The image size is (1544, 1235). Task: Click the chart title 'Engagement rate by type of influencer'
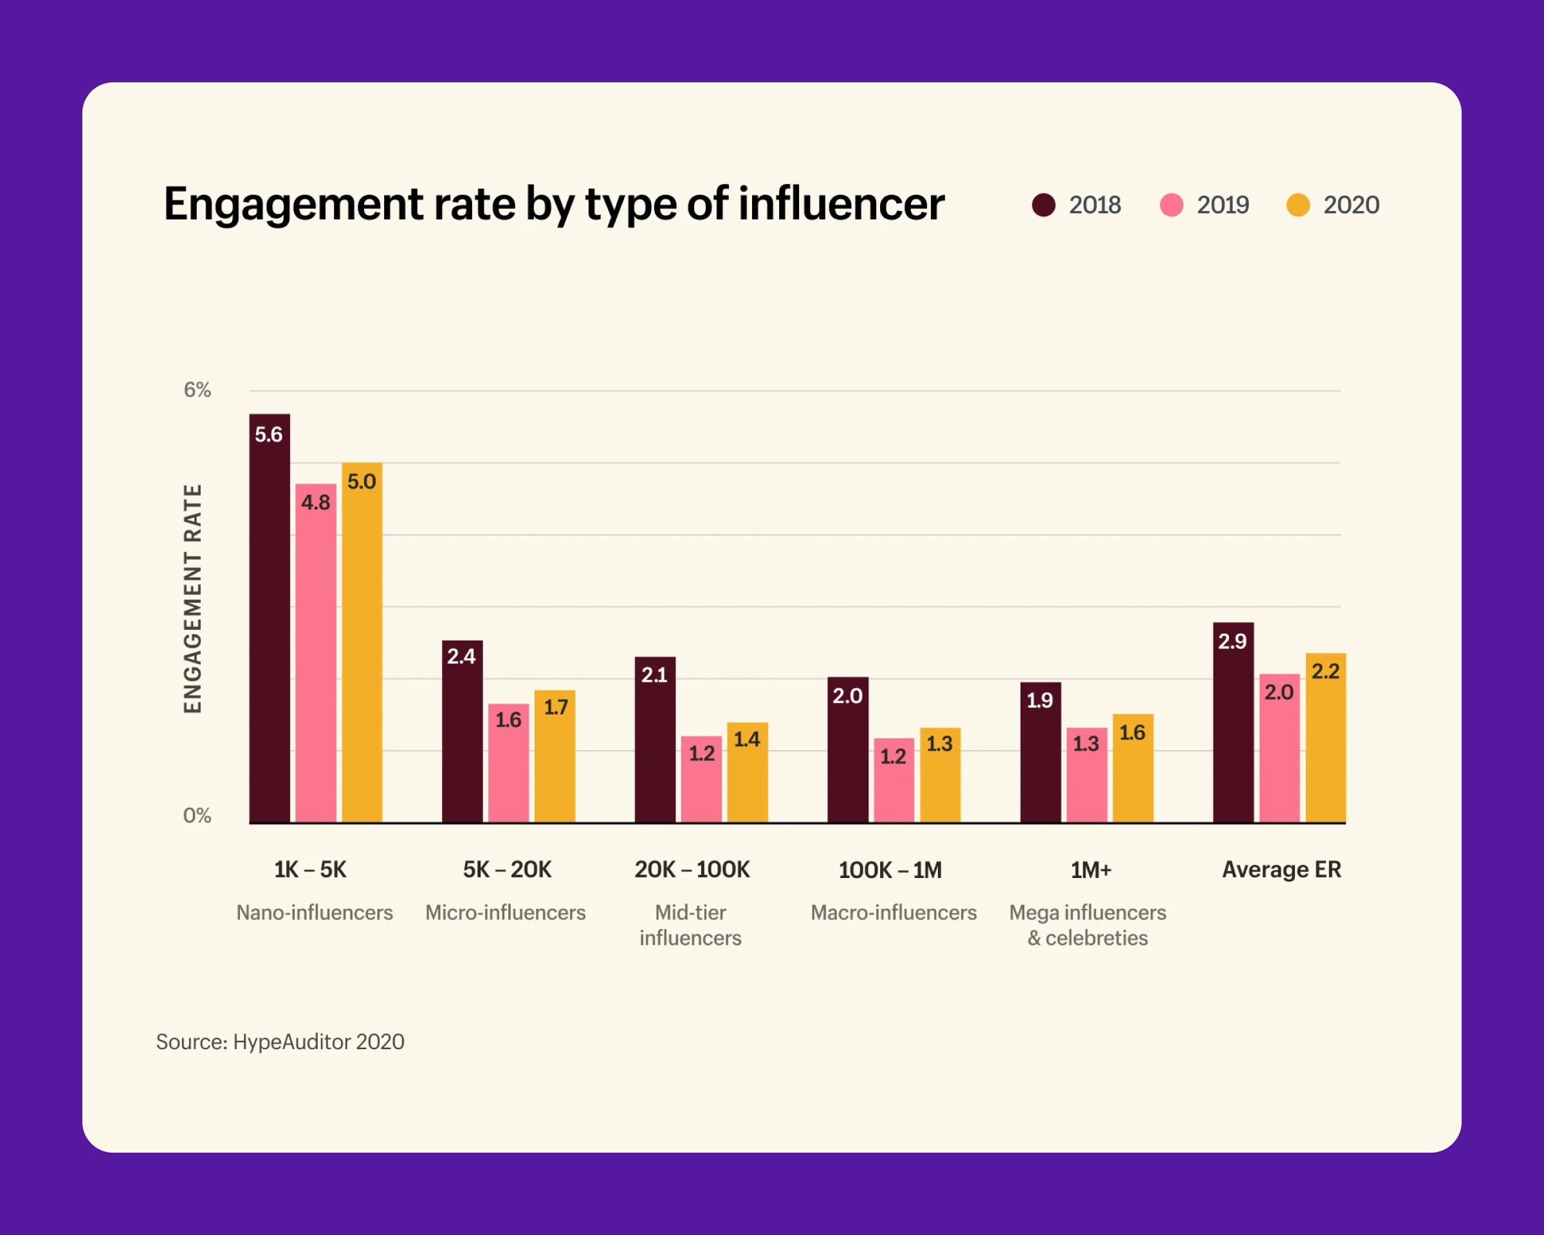(553, 204)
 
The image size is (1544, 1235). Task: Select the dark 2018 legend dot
(1043, 205)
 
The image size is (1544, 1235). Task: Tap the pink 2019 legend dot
(1171, 205)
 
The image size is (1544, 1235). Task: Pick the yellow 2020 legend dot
(1298, 205)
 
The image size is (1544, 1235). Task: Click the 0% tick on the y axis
(197, 816)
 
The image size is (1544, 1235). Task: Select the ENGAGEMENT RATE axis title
(192, 599)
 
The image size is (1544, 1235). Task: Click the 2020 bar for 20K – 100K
(747, 773)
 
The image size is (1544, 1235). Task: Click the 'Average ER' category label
(1281, 869)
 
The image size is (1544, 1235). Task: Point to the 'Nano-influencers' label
(315, 912)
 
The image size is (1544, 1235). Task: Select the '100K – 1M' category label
(890, 870)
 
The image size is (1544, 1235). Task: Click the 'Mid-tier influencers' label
(690, 925)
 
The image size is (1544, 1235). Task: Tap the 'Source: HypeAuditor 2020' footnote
(280, 1041)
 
